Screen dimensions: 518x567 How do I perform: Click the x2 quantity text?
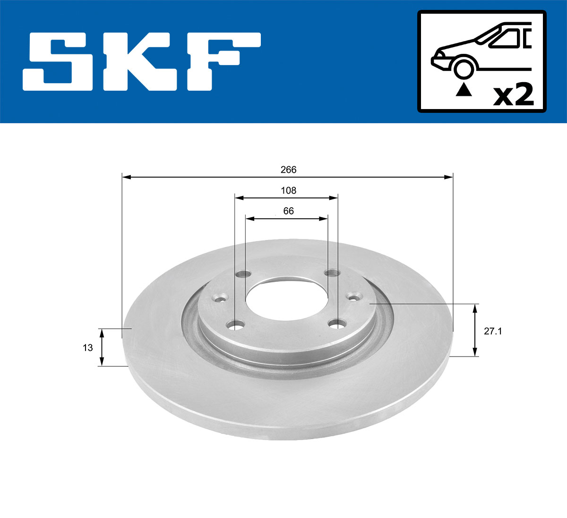(513, 95)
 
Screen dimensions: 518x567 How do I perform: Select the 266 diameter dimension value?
(288, 170)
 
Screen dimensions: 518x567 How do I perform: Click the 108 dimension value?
(288, 191)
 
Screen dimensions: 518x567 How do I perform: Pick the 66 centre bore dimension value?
(288, 211)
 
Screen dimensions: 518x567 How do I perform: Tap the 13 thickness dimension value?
(87, 348)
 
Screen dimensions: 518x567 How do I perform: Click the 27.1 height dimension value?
(493, 331)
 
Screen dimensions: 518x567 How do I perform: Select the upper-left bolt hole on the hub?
(244, 274)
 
